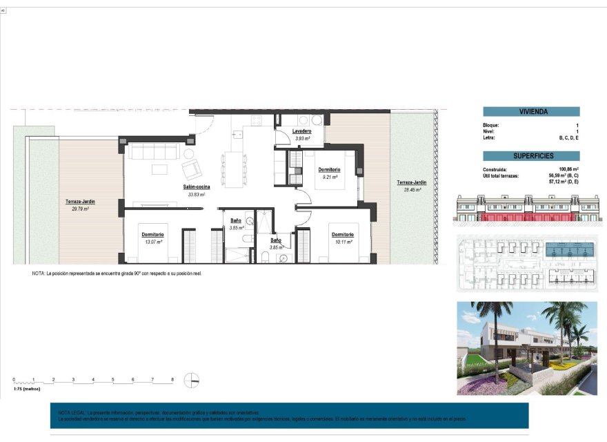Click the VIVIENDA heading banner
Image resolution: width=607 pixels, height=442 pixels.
[x=531, y=111]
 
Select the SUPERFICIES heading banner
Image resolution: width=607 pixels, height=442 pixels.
[x=531, y=156]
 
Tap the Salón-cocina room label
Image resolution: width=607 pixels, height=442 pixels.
[x=197, y=187]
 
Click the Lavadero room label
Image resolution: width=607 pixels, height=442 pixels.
[x=301, y=131]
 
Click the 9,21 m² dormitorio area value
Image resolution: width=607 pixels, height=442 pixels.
[x=329, y=177]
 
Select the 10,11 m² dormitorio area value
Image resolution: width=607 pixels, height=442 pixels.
[x=342, y=242]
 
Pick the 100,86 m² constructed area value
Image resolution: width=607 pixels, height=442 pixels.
[x=568, y=169]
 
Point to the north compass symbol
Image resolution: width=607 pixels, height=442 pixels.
[x=195, y=380]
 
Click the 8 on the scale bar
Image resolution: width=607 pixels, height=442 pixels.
[x=172, y=380]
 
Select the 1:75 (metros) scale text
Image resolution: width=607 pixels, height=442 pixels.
[x=26, y=390]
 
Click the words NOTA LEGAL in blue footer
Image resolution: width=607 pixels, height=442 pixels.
[x=72, y=412]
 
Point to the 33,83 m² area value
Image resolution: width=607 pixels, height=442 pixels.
[x=197, y=195]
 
